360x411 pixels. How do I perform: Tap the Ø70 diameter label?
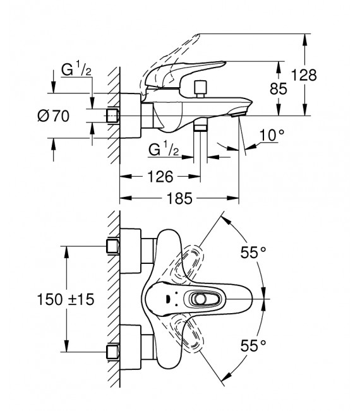coord(53,116)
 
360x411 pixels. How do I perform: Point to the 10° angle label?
coord(272,135)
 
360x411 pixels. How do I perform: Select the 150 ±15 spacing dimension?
coord(66,299)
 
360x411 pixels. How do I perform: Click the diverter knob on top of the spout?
coord(201,88)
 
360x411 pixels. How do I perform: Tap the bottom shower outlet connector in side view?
coord(200,128)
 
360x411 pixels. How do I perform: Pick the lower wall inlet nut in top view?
coord(114,350)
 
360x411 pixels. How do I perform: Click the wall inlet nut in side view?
coord(114,116)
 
